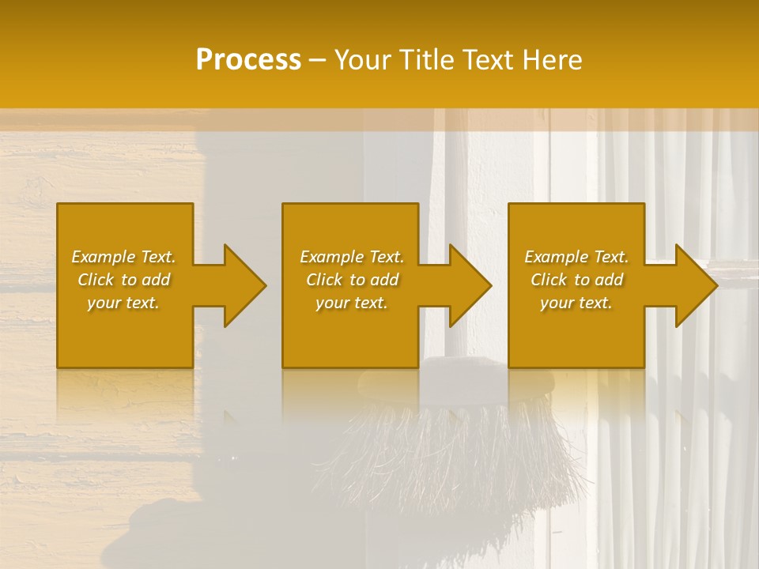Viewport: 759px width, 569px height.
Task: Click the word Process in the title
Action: (x=248, y=60)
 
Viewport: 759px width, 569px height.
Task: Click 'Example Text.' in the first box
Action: (x=123, y=257)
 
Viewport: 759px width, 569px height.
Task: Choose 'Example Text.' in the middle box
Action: (x=352, y=257)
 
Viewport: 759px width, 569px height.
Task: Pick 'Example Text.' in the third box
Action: (x=576, y=257)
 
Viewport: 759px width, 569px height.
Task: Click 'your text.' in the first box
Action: (x=123, y=303)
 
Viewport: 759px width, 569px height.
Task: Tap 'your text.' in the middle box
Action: (x=352, y=303)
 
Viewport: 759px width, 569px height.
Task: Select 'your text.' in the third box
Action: (x=576, y=303)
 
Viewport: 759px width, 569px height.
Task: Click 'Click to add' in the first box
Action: (x=123, y=280)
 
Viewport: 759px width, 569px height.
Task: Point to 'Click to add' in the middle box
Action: (x=352, y=280)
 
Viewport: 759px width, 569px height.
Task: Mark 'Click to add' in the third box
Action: (x=576, y=280)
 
